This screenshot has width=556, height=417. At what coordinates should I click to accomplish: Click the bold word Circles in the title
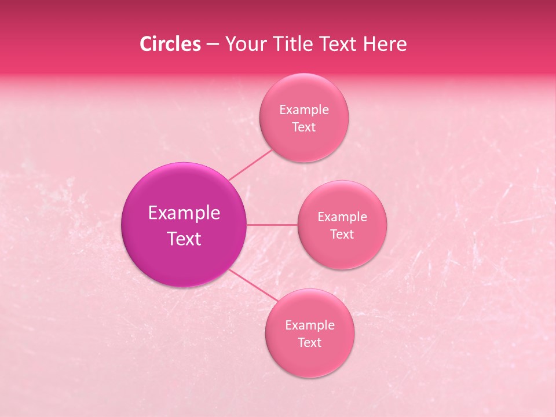170,44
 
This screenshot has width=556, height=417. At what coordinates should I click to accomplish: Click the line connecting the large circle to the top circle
250,165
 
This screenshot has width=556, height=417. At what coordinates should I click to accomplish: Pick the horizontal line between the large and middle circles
272,225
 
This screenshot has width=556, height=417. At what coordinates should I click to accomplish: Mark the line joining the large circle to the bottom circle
253,286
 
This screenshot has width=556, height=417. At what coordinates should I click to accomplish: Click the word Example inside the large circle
184,213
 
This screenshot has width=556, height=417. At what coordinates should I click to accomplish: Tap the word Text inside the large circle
184,239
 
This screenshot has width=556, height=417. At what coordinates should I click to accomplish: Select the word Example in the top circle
304,109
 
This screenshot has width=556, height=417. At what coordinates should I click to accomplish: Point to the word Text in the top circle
304,127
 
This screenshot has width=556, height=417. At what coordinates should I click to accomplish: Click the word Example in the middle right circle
342,217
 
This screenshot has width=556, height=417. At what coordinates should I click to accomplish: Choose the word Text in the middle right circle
342,234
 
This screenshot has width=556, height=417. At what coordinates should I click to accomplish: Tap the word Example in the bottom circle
310,325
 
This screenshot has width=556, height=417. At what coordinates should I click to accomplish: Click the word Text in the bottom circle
310,342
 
